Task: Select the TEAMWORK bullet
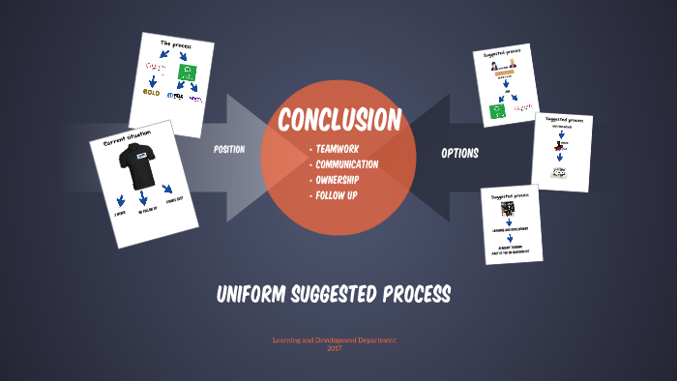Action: pyautogui.click(x=338, y=150)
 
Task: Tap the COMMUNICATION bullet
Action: pyautogui.click(x=346, y=164)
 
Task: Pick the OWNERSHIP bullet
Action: pyautogui.click(x=338, y=180)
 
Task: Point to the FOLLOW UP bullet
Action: pyautogui.click(x=337, y=195)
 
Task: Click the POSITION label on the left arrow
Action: pyautogui.click(x=229, y=149)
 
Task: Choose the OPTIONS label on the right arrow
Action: pyautogui.click(x=459, y=153)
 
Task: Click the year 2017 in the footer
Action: pyautogui.click(x=335, y=348)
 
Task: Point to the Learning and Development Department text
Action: pyautogui.click(x=335, y=340)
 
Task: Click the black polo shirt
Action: pyautogui.click(x=134, y=167)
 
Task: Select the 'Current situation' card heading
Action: pyautogui.click(x=128, y=136)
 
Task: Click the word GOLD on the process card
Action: pyautogui.click(x=152, y=93)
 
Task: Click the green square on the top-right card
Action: pyautogui.click(x=496, y=111)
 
